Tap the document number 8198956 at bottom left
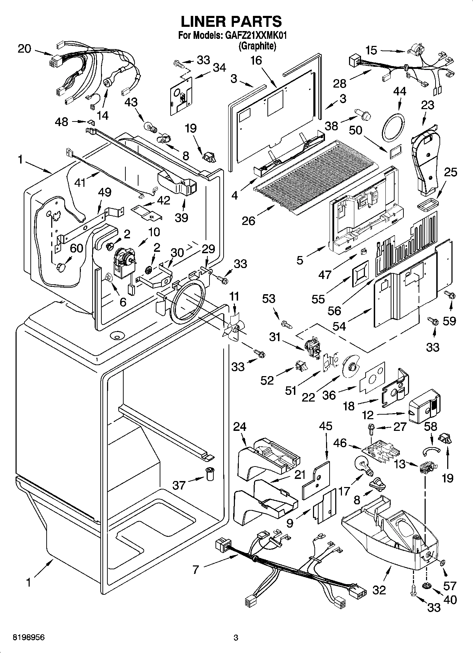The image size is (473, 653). tap(29, 638)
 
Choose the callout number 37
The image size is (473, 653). tap(179, 485)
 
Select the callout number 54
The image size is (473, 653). tap(339, 326)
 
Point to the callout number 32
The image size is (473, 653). tap(379, 589)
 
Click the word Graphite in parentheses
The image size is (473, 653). tap(257, 46)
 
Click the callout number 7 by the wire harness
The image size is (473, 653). tap(196, 569)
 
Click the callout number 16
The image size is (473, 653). tap(256, 61)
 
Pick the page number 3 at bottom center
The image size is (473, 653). tap(236, 638)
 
